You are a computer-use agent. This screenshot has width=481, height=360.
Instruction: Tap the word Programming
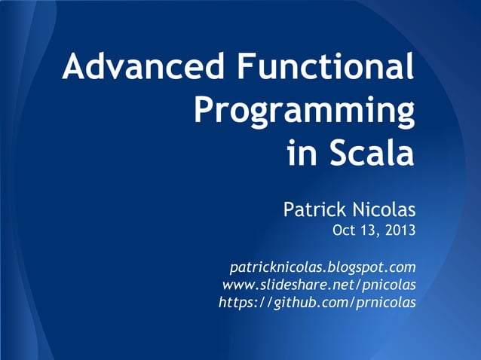tap(304, 111)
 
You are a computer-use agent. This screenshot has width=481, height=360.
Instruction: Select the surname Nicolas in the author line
tap(383, 207)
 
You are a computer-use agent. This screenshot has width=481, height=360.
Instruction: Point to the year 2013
tap(400, 230)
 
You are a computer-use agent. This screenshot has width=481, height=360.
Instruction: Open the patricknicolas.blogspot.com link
tap(322, 267)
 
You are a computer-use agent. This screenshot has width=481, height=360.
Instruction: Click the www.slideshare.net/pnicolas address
tap(318, 285)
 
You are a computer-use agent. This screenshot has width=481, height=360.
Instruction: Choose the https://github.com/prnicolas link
tap(317, 302)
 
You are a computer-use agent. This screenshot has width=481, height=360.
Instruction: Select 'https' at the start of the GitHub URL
tap(235, 302)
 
